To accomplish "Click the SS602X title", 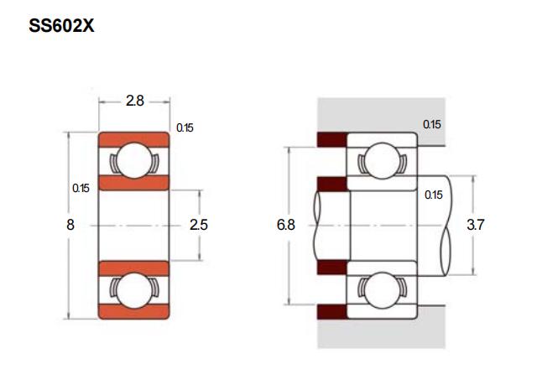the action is [x=61, y=26].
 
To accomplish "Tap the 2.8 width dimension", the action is [x=135, y=101].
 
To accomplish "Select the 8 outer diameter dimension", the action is [x=70, y=225].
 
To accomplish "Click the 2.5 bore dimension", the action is [x=199, y=225].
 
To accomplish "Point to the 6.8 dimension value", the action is [x=285, y=225].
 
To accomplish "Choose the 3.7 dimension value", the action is [x=476, y=225].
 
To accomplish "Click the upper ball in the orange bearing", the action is [x=134, y=160].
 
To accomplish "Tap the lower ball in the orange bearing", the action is [x=134, y=291].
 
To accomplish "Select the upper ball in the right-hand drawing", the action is [x=382, y=160].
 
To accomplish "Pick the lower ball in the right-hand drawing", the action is [x=382, y=291].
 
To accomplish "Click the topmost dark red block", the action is [x=332, y=139].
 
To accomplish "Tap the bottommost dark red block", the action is [x=332, y=312].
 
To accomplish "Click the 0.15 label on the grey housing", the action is [x=431, y=124].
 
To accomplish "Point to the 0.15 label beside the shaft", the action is [x=433, y=195].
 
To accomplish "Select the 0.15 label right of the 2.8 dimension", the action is [x=185, y=128].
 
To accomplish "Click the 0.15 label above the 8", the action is [x=81, y=188].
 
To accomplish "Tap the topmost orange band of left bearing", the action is [x=134, y=140].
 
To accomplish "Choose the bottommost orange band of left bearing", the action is [x=134, y=311].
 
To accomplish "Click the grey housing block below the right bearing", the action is [x=382, y=330].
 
